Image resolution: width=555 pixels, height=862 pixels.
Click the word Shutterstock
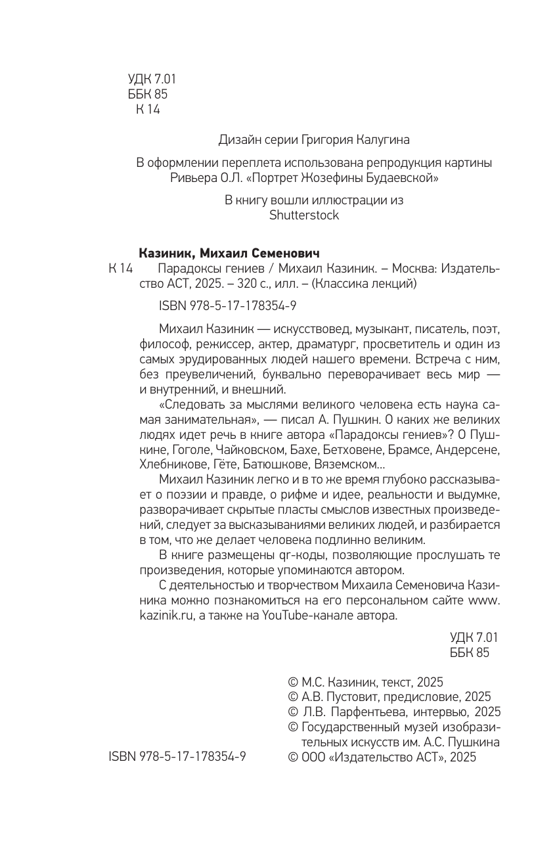tap(304, 215)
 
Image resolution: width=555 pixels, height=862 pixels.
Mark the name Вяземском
tap(352, 465)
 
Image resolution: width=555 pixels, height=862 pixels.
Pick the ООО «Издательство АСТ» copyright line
tap(382, 757)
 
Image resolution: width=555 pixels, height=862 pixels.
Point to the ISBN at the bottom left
tap(177, 757)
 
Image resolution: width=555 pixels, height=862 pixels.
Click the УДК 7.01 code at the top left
tap(152, 79)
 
